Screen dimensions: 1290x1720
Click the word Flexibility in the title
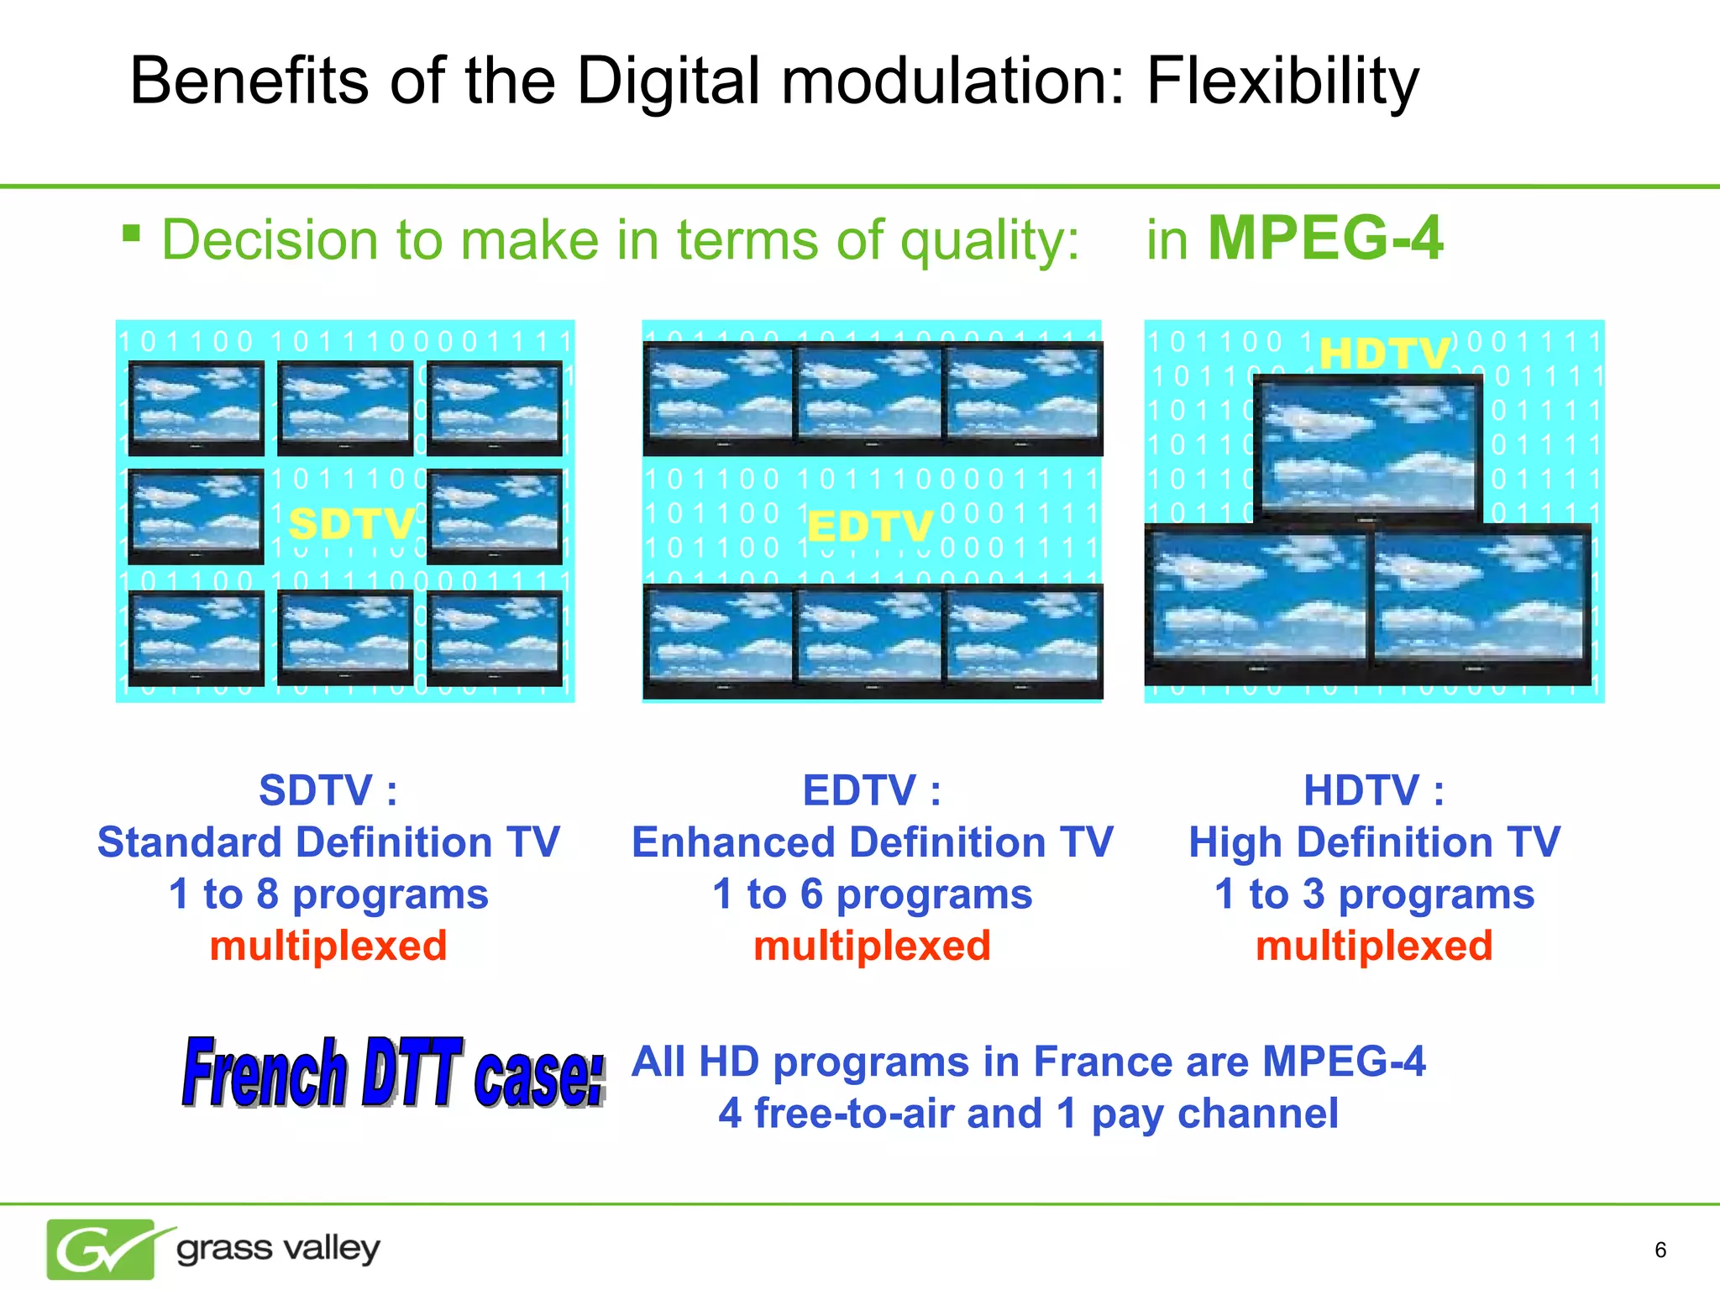click(x=1282, y=81)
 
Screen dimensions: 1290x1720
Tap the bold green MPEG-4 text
click(x=1324, y=239)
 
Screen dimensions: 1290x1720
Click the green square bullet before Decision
click(x=131, y=232)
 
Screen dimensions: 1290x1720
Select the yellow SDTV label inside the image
click(x=351, y=525)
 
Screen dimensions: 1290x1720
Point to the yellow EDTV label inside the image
click(x=869, y=528)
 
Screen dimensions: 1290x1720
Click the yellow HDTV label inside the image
click(x=1383, y=354)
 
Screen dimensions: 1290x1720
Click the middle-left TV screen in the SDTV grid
click(x=196, y=514)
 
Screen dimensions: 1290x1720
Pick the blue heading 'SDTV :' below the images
click(x=328, y=790)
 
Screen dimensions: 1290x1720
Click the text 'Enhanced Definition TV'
click(x=872, y=842)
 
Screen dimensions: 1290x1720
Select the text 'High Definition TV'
click(x=1374, y=842)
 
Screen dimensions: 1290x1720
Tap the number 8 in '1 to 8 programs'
click(x=267, y=894)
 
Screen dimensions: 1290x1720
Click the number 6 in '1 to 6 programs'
click(x=811, y=894)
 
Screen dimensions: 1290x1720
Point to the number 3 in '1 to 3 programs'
click(x=1314, y=894)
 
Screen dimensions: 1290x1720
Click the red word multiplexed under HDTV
click(x=1374, y=946)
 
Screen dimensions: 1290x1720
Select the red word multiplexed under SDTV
click(x=328, y=946)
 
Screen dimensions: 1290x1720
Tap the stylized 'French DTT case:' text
click(x=393, y=1072)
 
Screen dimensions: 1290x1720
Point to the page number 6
click(x=1660, y=1250)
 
